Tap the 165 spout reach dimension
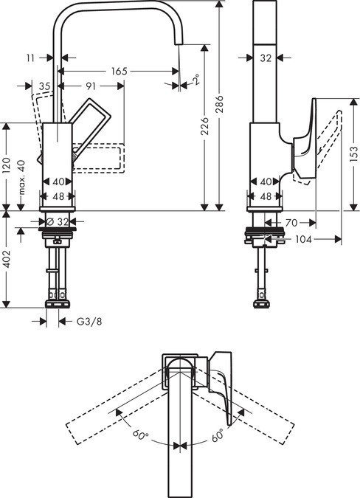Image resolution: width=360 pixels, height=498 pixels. tap(118, 71)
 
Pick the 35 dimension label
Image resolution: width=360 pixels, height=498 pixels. tap(44, 86)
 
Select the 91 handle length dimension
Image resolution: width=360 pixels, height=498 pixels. tap(91, 86)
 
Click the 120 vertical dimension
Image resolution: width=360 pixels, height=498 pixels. tap(6, 166)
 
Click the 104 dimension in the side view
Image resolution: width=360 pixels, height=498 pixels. tap(303, 240)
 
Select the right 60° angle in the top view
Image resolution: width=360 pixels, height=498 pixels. tap(218, 437)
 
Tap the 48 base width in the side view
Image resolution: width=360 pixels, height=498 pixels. tap(266, 196)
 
